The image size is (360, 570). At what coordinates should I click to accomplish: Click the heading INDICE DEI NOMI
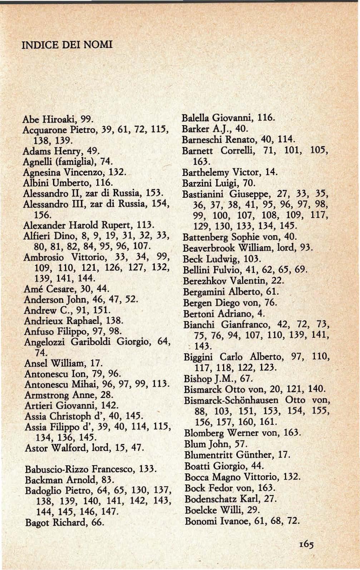click(67, 45)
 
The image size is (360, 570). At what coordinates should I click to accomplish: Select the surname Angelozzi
click(45, 342)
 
